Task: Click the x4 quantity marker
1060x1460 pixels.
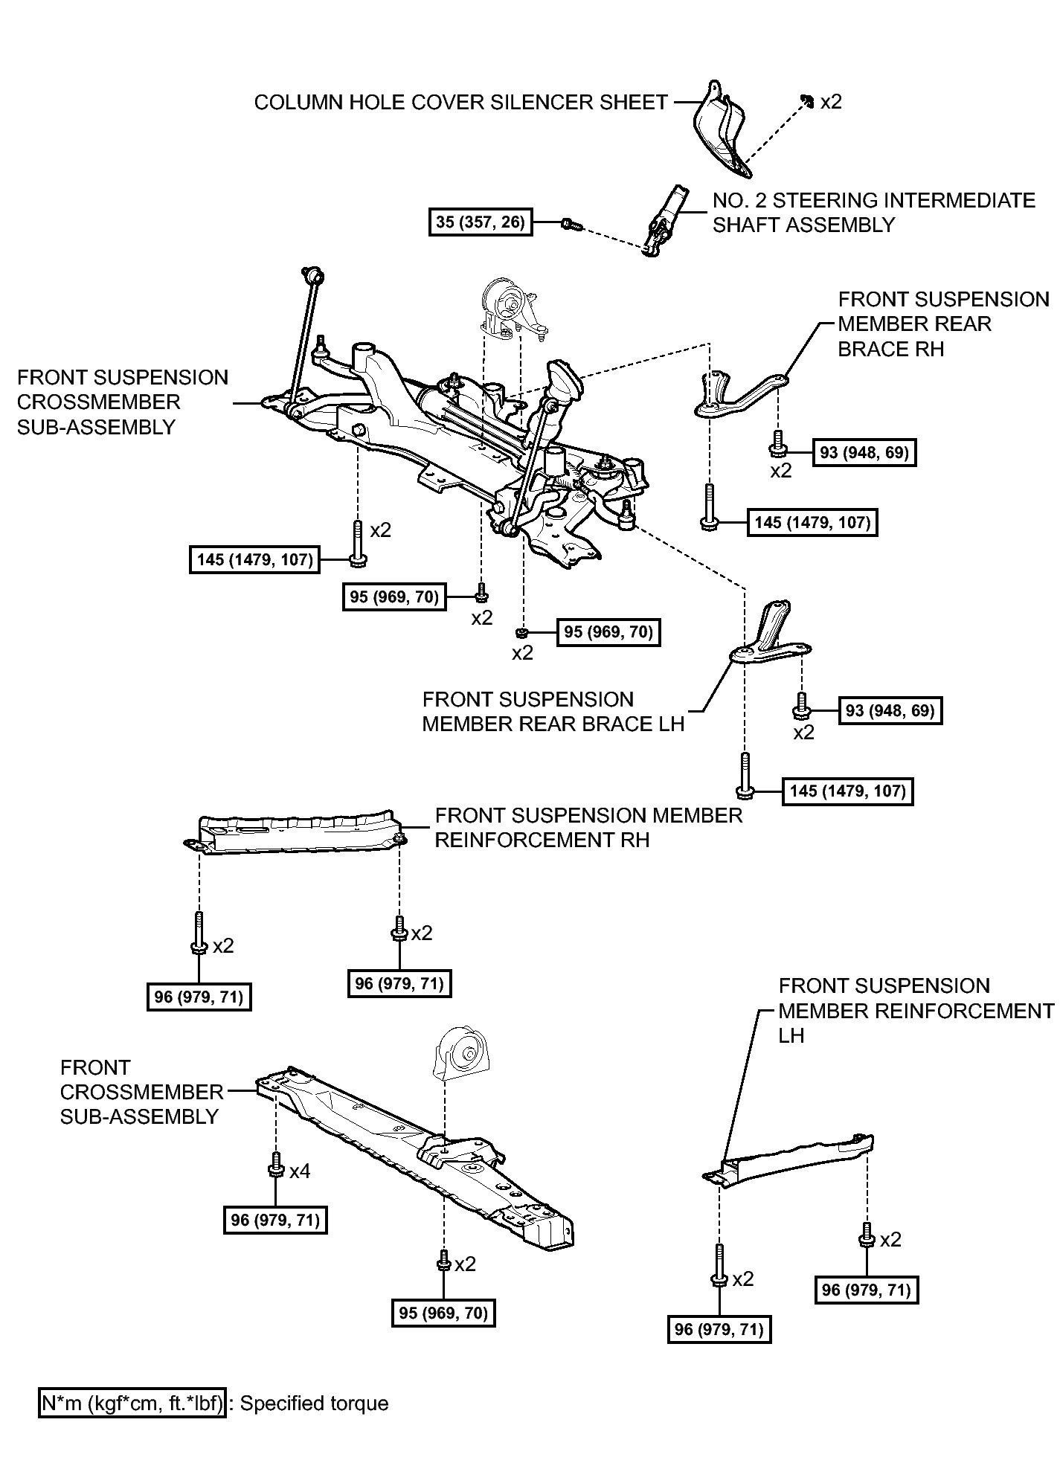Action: coord(300,1171)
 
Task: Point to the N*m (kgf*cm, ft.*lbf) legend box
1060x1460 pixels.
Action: coord(132,1403)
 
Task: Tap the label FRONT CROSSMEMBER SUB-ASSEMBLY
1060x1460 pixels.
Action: coord(141,1091)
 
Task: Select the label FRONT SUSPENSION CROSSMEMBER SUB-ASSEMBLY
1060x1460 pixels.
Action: coord(122,402)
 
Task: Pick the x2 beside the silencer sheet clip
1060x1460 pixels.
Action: coord(830,102)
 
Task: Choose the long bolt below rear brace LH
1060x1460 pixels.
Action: coord(746,775)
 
